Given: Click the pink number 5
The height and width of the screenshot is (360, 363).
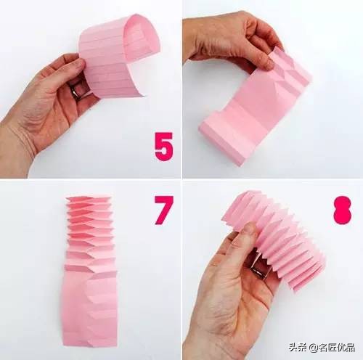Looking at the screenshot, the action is [164, 147].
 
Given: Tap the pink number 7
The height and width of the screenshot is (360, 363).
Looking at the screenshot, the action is [164, 210].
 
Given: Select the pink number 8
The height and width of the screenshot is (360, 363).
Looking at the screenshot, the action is [343, 210].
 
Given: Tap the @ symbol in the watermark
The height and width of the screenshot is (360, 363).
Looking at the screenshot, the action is [313, 348].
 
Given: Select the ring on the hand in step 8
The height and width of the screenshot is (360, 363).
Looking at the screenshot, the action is [259, 269].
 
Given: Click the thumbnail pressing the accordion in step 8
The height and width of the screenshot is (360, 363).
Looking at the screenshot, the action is [248, 229].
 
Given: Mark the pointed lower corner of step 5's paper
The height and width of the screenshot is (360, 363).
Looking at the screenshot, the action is [146, 96].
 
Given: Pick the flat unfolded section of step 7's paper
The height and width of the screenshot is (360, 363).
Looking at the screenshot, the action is [89, 311].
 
